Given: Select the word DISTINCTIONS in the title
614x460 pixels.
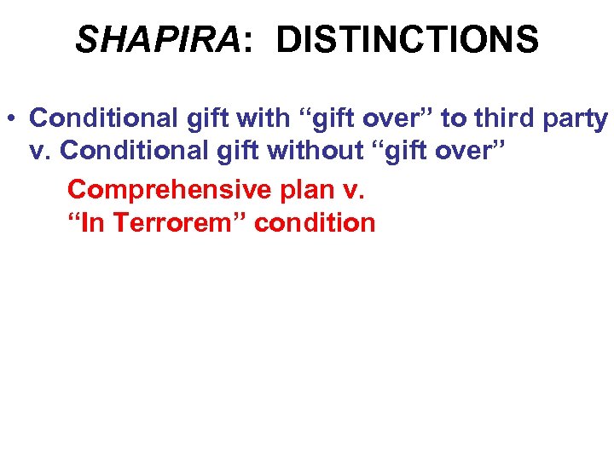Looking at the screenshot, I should click(408, 39).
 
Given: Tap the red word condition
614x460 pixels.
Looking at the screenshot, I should click(316, 223).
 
